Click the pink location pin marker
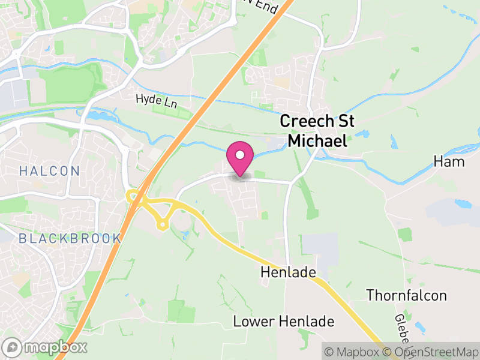pyautogui.click(x=240, y=157)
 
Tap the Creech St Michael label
pyautogui.click(x=317, y=131)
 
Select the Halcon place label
pyautogui.click(x=49, y=171)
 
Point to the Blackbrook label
pyautogui.click(x=70, y=238)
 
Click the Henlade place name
pyautogui.click(x=288, y=273)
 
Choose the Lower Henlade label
pyautogui.click(x=284, y=322)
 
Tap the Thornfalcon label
pyautogui.click(x=406, y=295)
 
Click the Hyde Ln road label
pyautogui.click(x=156, y=100)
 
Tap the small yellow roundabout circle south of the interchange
pyautogui.click(x=161, y=226)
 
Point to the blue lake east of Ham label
pyautogui.click(x=464, y=204)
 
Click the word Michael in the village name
pyautogui.click(x=317, y=141)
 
